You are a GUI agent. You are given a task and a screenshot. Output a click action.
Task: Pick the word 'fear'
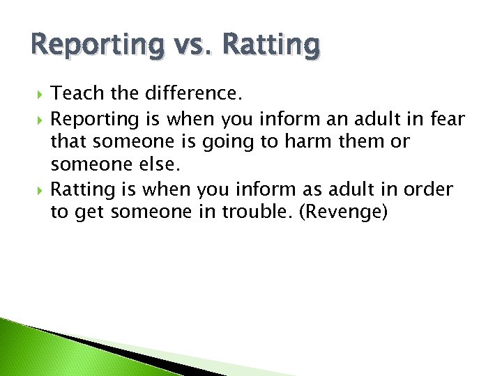(448, 119)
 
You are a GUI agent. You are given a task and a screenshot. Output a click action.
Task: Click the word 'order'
(431, 189)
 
